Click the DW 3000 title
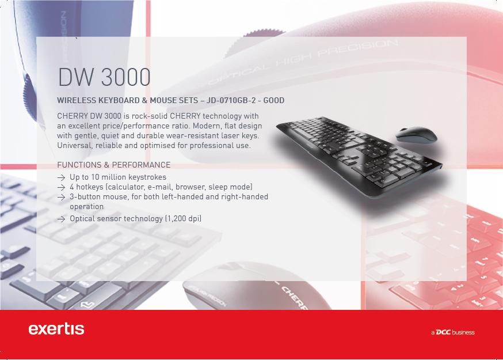click(x=104, y=77)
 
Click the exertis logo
click(x=56, y=329)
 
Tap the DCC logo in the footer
click(x=443, y=332)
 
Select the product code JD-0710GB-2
click(x=231, y=101)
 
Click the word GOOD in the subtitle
click(x=273, y=101)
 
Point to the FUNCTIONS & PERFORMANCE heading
click(x=114, y=165)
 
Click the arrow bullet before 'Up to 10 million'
click(x=61, y=177)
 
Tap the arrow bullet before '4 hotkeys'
click(x=61, y=187)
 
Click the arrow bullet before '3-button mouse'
click(x=61, y=197)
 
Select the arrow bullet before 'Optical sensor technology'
click(x=61, y=219)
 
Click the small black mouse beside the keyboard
click(x=416, y=135)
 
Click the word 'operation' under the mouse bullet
click(x=86, y=206)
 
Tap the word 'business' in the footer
click(x=463, y=332)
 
